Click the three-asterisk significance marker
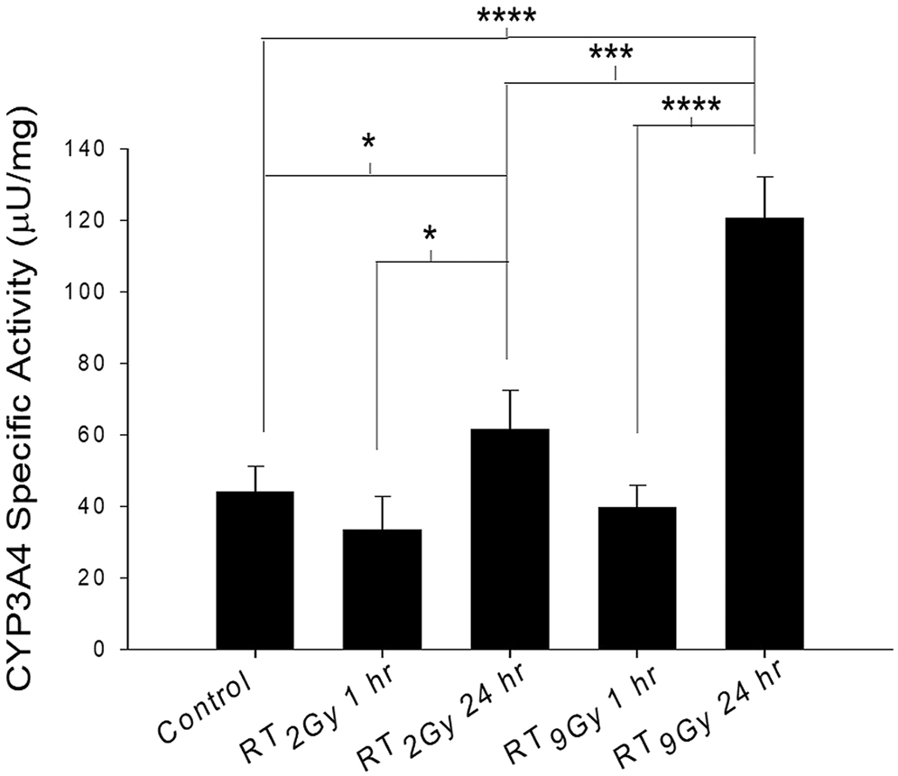click(611, 54)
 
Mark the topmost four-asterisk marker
click(506, 18)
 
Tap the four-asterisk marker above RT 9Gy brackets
click(690, 107)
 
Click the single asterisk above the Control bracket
click(369, 143)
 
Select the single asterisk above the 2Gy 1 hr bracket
click(430, 235)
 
